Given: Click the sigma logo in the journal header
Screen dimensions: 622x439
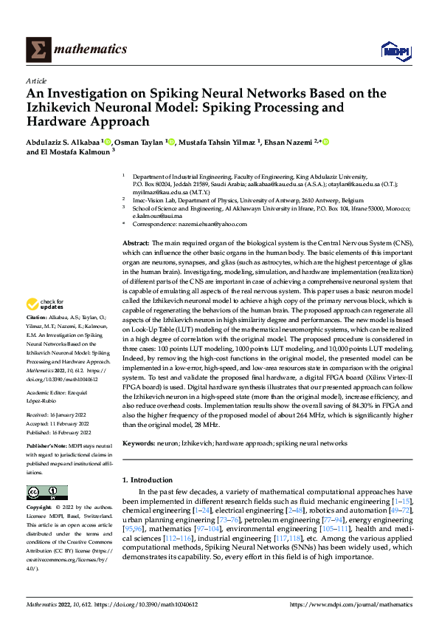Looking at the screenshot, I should pyautogui.click(x=37, y=49).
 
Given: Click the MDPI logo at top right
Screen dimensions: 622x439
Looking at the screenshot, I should pyautogui.click(x=394, y=50).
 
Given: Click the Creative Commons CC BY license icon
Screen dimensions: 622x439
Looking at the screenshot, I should pyautogui.click(x=46, y=493).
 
